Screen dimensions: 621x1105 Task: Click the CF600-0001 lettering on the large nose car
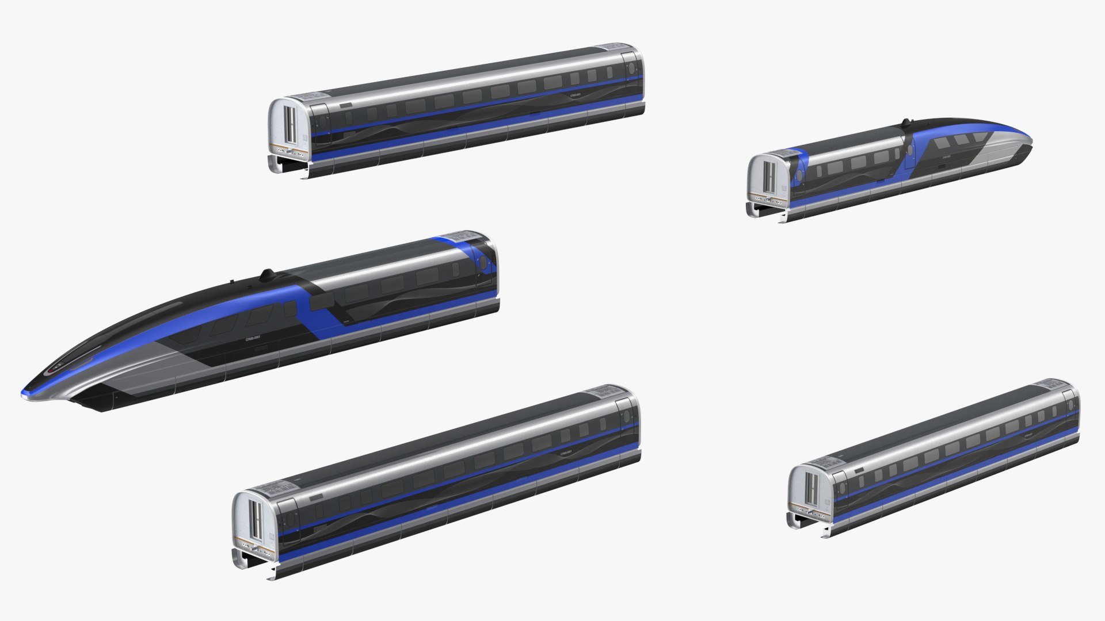249,340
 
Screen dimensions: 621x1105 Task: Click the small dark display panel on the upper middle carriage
346,105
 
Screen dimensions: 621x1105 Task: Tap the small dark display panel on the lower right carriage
860,470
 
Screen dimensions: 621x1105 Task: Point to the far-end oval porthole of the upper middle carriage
632,68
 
